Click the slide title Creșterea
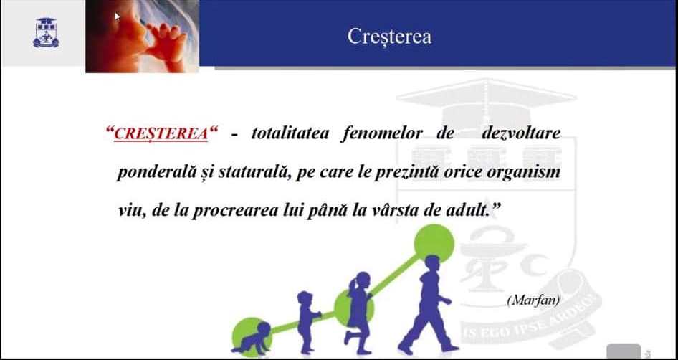click(x=389, y=37)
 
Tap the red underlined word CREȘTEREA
click(x=161, y=133)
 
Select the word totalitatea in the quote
click(x=290, y=133)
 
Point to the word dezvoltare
click(x=521, y=133)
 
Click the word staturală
click(x=254, y=173)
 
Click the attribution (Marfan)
click(x=533, y=300)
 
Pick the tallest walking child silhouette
click(x=429, y=305)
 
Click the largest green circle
click(x=434, y=243)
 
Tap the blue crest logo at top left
click(x=46, y=33)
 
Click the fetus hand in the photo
click(x=166, y=41)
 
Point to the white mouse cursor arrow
click(x=117, y=16)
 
